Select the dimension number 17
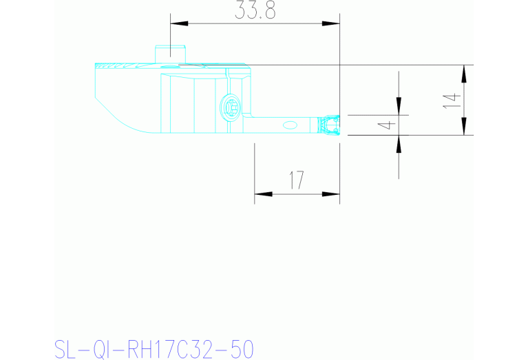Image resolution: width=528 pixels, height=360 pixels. coord(297,181)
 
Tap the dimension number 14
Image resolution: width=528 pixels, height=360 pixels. coord(451,100)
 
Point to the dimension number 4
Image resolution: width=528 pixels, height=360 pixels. coord(388,125)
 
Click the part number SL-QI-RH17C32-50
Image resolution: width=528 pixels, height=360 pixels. coord(154,348)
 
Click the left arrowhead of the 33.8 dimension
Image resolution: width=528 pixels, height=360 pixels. coord(178,24)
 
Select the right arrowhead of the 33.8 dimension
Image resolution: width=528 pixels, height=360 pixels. coord(332,24)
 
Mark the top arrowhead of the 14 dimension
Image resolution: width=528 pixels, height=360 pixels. coord(467,73)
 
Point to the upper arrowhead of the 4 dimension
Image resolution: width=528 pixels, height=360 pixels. coord(399,105)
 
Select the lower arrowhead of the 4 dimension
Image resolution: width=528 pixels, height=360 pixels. coord(399,143)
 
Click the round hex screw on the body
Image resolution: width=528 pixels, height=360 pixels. coord(230,107)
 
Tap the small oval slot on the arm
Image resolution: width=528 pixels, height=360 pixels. coord(291,125)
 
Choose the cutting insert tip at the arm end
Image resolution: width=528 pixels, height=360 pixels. coord(330,125)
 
